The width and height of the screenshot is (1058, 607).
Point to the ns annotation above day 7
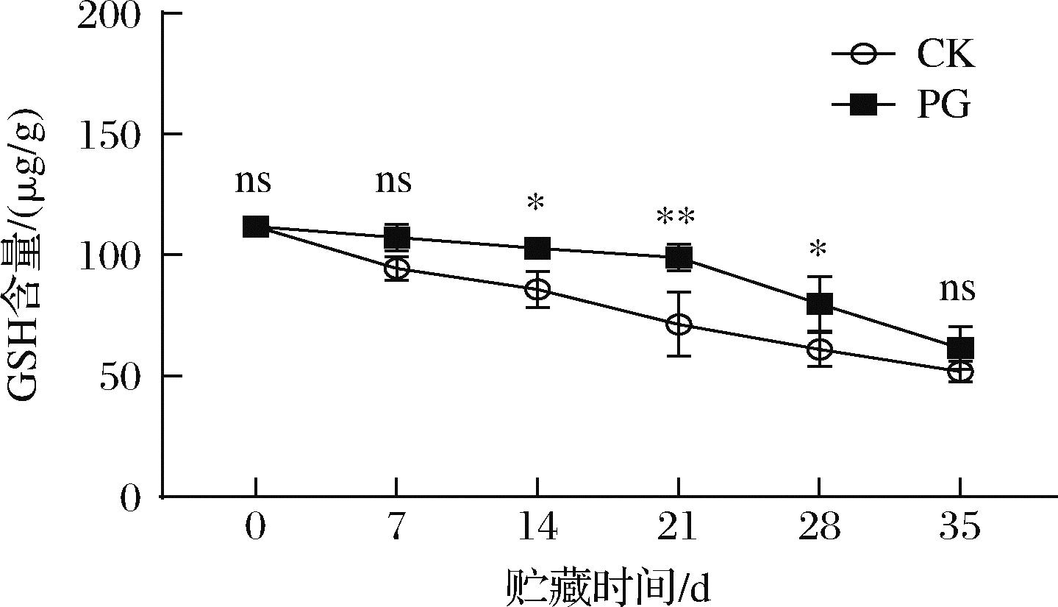tap(393, 181)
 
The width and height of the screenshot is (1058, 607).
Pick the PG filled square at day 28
tap(820, 303)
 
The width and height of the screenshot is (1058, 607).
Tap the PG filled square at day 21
tap(679, 258)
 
